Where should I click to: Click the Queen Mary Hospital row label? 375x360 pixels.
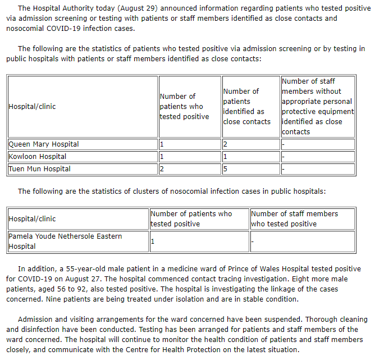44,144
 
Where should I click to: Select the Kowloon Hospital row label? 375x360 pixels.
37,157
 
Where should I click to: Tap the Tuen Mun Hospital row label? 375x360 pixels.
39,169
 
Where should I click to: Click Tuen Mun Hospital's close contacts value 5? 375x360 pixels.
225,169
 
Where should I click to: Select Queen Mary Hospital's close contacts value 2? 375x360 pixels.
225,144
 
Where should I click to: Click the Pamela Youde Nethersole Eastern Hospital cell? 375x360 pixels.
65,241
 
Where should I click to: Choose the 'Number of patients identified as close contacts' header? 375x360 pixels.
246,106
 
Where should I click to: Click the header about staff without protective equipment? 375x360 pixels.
317,106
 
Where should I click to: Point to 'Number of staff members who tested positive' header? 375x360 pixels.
294,218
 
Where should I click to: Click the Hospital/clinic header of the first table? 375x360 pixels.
32,106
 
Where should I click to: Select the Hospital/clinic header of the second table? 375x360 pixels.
32,218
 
